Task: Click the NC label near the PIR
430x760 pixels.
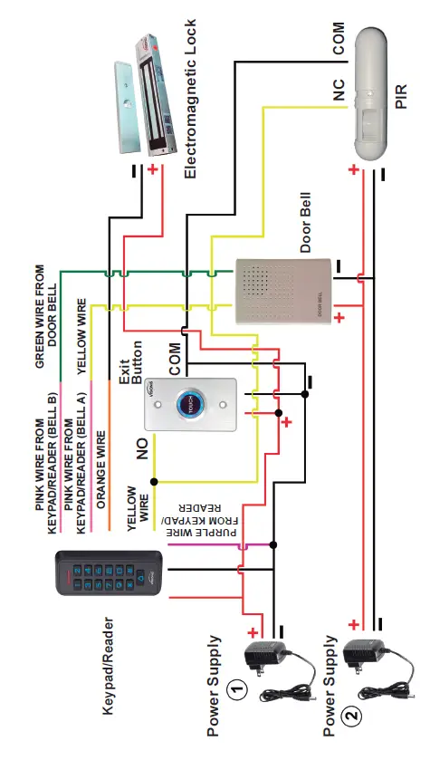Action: (337, 90)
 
